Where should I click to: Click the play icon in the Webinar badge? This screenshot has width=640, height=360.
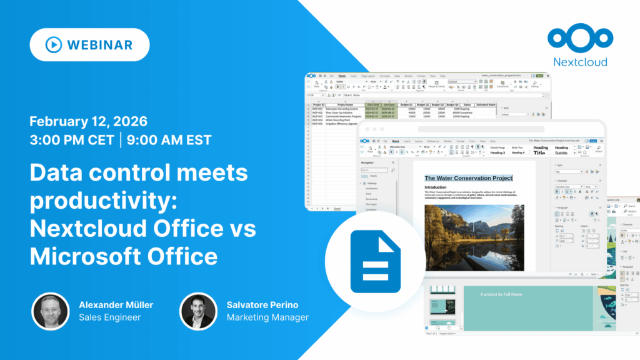(x=53, y=45)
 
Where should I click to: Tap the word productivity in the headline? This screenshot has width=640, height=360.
(x=94, y=200)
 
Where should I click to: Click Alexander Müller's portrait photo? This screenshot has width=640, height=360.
(x=51, y=311)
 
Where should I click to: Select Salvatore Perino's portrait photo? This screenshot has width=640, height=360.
(x=198, y=311)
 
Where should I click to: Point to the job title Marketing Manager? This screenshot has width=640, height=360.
(x=267, y=317)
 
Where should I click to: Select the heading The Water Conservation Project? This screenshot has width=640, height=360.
(x=468, y=178)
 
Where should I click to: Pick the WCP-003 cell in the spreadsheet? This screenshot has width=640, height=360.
(x=317, y=116)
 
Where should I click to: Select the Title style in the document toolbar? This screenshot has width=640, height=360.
(x=539, y=152)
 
